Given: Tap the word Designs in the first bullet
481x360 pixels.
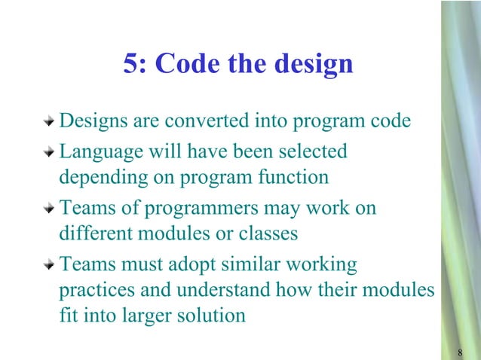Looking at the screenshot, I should (89, 121).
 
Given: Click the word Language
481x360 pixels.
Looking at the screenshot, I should (96, 153).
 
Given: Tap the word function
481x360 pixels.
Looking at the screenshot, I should (296, 178).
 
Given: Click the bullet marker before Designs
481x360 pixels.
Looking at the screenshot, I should (49, 121).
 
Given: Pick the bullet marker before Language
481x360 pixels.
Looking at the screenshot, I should (49, 153).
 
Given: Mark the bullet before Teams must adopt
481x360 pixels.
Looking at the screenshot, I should (49, 266).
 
